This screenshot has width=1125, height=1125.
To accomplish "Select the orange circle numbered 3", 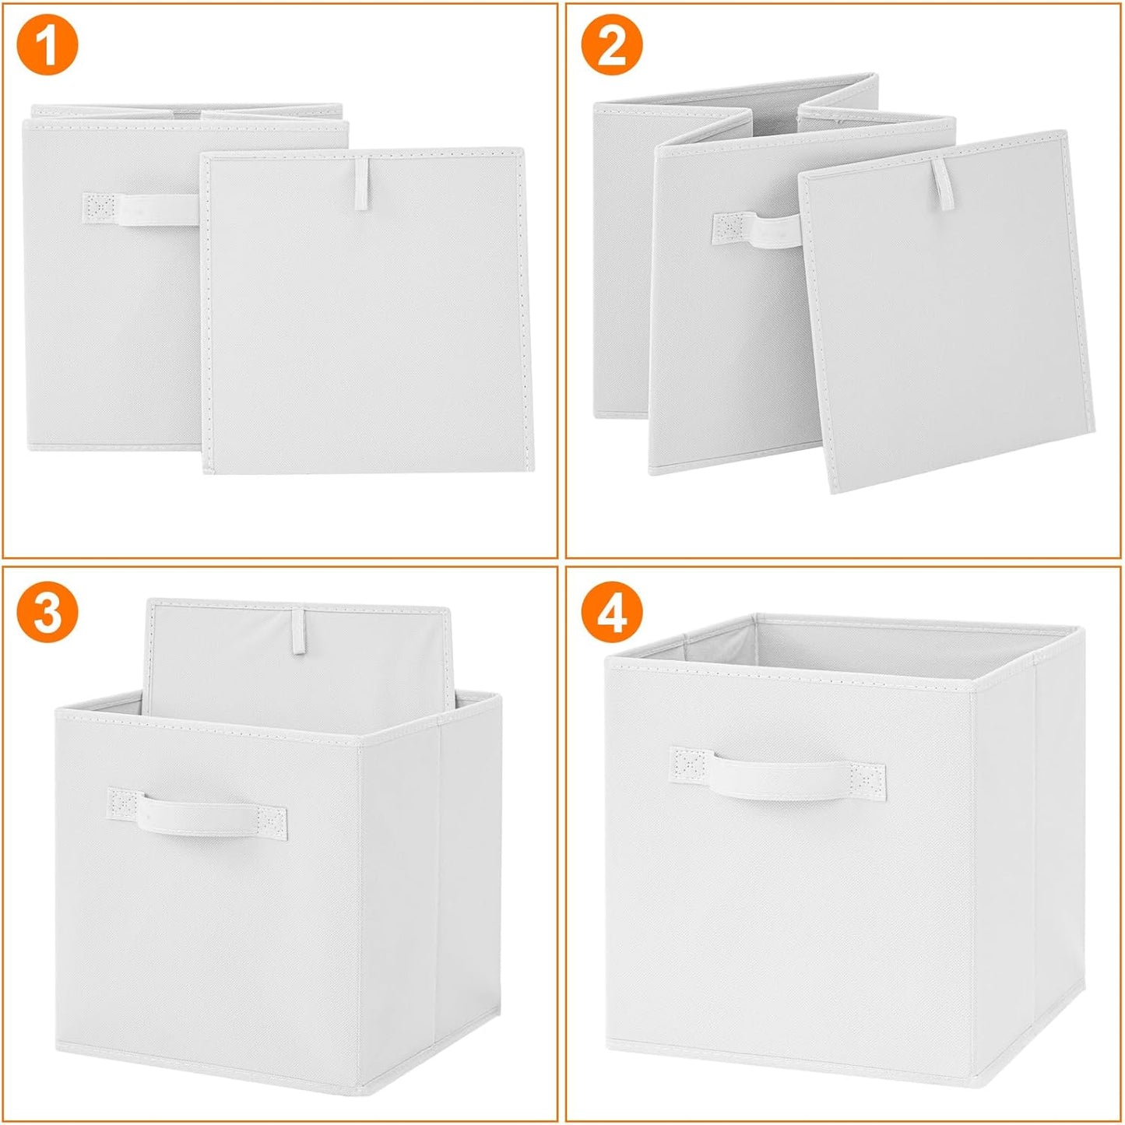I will (47, 613).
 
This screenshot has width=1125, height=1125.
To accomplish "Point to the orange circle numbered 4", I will (612, 613).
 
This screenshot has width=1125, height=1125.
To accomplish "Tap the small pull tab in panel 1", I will (362, 185).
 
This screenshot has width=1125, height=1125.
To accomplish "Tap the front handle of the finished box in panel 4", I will (779, 775).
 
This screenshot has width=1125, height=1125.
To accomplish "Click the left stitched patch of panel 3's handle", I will (124, 803).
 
